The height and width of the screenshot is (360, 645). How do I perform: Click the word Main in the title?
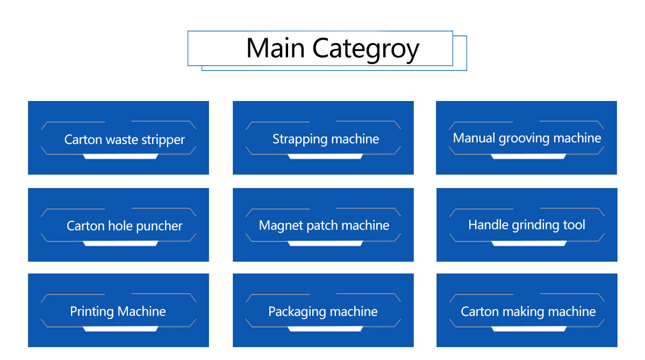coord(275,48)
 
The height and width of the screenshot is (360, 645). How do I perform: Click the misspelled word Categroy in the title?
coord(365,50)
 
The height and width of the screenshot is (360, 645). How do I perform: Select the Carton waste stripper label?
coord(124,140)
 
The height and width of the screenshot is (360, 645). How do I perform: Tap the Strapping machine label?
coord(326,139)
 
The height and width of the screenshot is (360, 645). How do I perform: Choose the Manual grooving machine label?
coord(527,139)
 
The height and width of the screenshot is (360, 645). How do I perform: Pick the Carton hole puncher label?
coord(124,226)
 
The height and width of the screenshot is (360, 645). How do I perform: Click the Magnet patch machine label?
coord(324,226)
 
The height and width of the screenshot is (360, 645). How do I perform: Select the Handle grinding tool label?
coord(527,225)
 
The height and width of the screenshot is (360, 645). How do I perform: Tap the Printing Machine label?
coord(118,312)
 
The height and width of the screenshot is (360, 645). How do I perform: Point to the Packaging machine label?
coord(323,312)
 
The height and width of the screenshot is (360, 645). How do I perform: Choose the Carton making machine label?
coord(528,312)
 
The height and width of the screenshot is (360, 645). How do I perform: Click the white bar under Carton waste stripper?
coord(120,156)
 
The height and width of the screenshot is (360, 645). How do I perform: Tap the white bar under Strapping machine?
coord(325,156)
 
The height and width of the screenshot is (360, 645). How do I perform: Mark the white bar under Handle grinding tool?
coord(529,243)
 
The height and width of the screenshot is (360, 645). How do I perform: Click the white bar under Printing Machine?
coord(120,329)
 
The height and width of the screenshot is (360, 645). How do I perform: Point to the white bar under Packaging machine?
coord(325,329)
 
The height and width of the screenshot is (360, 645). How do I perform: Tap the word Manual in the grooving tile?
coord(474,138)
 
